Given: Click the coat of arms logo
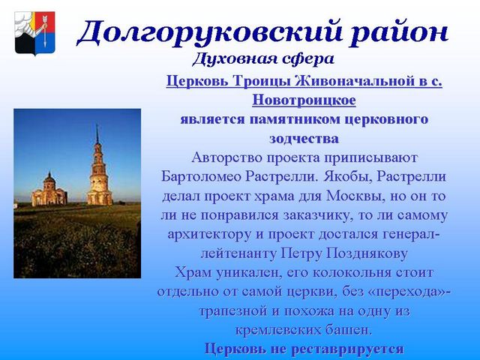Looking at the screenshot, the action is (35, 33).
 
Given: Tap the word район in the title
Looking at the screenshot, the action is (399, 32).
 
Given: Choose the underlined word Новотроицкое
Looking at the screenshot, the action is (304, 100).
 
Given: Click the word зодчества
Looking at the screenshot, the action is (304, 139).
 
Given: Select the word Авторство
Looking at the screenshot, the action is (226, 158).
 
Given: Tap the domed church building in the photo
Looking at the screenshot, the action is (49, 190).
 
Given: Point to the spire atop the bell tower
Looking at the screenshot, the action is (97, 133).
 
